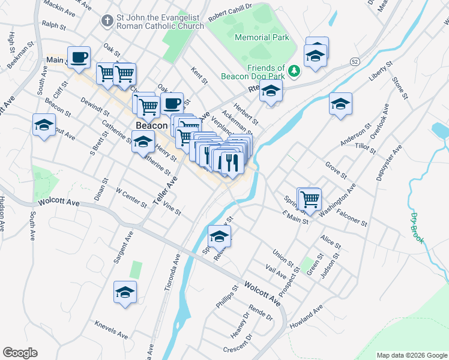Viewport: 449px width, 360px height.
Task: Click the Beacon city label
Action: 151,126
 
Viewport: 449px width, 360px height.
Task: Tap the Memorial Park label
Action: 262,37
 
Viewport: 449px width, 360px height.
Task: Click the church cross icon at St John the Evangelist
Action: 106,22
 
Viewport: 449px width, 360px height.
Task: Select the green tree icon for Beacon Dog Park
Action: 294,71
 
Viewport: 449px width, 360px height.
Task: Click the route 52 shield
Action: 355,61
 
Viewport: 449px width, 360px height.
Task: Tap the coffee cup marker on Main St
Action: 79,58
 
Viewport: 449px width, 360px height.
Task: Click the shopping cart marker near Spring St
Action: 310,199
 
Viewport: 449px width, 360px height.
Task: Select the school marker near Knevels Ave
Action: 125,292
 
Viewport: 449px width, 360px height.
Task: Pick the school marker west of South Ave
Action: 43,125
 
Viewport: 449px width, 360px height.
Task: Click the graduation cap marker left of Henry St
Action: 143,142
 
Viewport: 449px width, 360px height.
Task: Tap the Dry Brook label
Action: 415,227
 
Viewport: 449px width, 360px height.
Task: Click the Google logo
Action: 20,353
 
